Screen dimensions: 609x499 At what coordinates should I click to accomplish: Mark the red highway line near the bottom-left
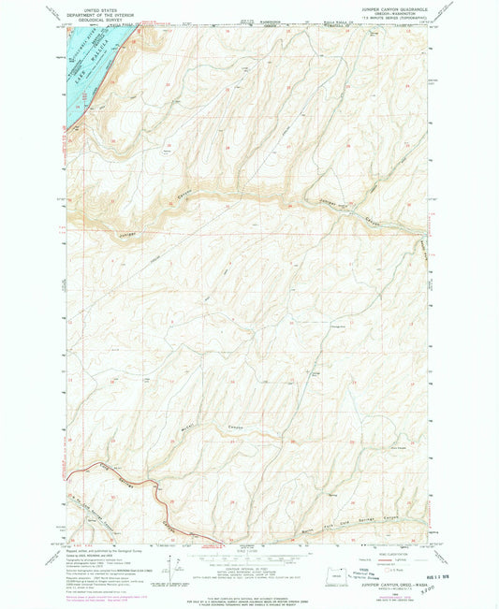(x=140, y=486)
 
